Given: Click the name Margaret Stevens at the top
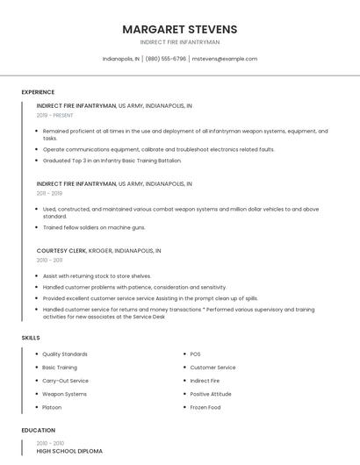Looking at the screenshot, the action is [180, 29].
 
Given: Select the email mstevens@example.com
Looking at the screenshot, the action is [224, 59].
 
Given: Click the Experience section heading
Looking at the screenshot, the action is [38, 92].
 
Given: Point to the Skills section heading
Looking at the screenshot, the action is [31, 337].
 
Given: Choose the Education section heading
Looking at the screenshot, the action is [38, 430].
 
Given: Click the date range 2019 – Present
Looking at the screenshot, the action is [55, 115].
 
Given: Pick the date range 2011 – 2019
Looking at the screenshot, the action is [49, 193].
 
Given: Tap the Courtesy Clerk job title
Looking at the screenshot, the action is [61, 250].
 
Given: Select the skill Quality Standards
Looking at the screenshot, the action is [65, 354].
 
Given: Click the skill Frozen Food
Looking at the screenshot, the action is [205, 407].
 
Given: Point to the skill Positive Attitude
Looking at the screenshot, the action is [211, 394].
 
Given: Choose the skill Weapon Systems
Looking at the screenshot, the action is [64, 394].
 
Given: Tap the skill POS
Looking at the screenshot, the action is [195, 354].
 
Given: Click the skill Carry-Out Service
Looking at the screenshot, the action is [65, 381].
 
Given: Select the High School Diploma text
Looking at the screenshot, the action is [69, 451].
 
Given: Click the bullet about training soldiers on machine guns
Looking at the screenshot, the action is [94, 227].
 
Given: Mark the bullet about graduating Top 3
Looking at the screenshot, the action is [112, 161].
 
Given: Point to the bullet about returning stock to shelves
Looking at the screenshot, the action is [97, 275].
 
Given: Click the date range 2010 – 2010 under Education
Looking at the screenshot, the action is [51, 443].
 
